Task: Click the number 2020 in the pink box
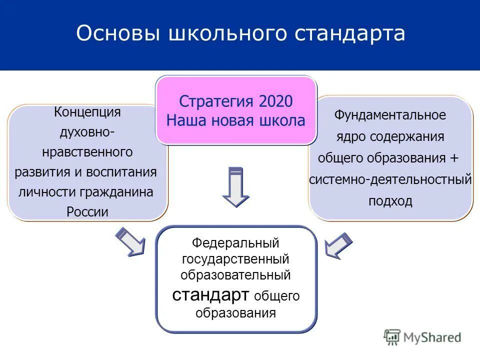click(275, 101)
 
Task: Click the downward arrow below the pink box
click(235, 186)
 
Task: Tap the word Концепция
click(87, 111)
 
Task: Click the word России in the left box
click(87, 211)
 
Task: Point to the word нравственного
click(87, 151)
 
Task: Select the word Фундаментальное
click(390, 115)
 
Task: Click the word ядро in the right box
click(347, 136)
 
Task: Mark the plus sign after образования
click(453, 158)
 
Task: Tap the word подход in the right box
click(390, 201)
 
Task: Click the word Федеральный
click(235, 243)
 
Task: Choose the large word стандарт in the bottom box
click(210, 294)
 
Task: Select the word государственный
click(235, 259)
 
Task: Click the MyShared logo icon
click(392, 336)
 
